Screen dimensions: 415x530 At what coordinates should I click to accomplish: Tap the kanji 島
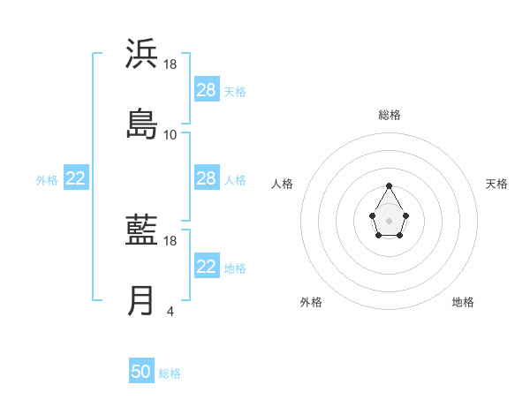click(141, 123)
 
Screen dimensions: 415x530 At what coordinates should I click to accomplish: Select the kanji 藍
click(141, 231)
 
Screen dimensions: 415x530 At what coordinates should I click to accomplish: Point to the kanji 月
click(141, 301)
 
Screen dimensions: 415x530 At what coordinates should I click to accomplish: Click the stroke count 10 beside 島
click(170, 135)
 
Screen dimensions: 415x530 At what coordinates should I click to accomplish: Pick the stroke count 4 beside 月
click(170, 312)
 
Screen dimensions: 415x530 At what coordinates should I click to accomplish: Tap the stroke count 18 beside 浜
click(170, 64)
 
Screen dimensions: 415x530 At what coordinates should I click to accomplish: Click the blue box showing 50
click(141, 372)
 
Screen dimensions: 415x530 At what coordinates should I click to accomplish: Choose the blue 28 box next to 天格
click(207, 90)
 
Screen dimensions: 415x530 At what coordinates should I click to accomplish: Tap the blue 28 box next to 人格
click(207, 178)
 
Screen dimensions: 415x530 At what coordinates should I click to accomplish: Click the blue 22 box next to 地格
click(207, 267)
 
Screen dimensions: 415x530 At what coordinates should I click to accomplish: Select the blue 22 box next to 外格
click(76, 178)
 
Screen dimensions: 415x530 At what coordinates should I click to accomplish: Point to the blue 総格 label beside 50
click(170, 373)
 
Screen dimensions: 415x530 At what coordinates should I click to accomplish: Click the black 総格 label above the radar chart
click(390, 115)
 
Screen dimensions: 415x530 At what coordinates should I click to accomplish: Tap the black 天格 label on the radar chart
click(496, 184)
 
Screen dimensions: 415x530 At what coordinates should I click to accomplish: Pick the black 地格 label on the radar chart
click(463, 302)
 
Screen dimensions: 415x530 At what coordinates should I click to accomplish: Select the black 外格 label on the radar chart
click(311, 302)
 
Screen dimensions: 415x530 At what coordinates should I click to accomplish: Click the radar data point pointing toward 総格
click(389, 185)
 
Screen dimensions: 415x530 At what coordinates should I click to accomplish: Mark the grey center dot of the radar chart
click(389, 220)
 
